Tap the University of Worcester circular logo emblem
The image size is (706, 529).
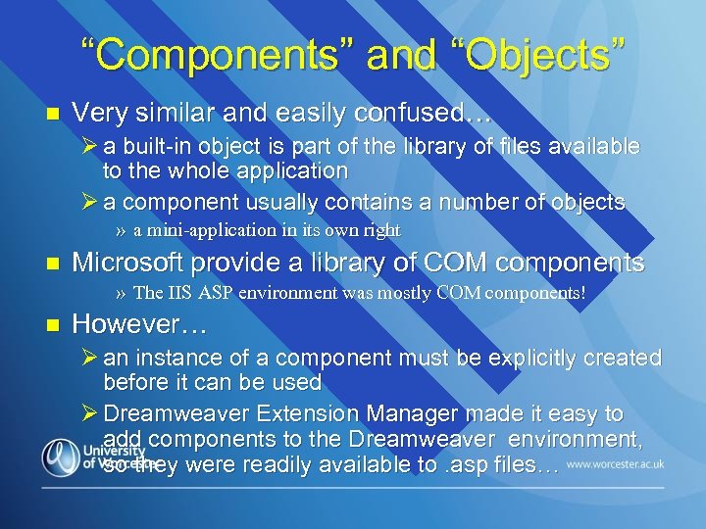coord(61,458)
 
